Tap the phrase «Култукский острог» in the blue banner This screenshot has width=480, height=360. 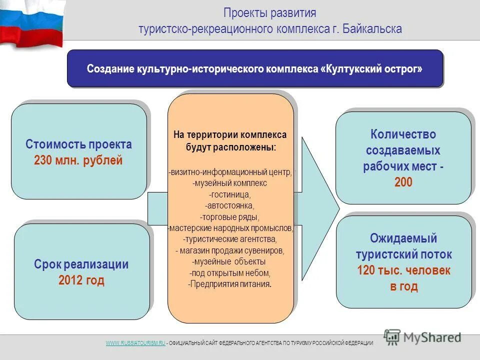tap(371, 68)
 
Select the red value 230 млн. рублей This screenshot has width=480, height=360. tap(78, 161)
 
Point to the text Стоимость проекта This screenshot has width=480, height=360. tap(78, 145)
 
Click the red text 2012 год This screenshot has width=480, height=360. tap(81, 280)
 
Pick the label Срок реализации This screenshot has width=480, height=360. tap(81, 264)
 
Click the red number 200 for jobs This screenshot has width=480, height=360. tap(403, 182)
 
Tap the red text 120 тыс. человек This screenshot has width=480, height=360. tap(403, 270)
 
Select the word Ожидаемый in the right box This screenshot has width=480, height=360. tap(403, 238)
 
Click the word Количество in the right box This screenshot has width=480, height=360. tap(403, 134)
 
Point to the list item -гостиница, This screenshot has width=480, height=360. tap(230, 194)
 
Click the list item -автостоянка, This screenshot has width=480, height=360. tap(230, 205)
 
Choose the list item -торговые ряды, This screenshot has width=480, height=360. tap(230, 216)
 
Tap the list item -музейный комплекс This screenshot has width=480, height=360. tap(230, 183)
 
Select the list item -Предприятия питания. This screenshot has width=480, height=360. tap(230, 284)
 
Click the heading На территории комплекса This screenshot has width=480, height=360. tap(230, 135)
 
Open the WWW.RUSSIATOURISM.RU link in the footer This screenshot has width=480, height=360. tap(135, 343)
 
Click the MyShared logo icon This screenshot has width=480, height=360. tap(392, 337)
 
